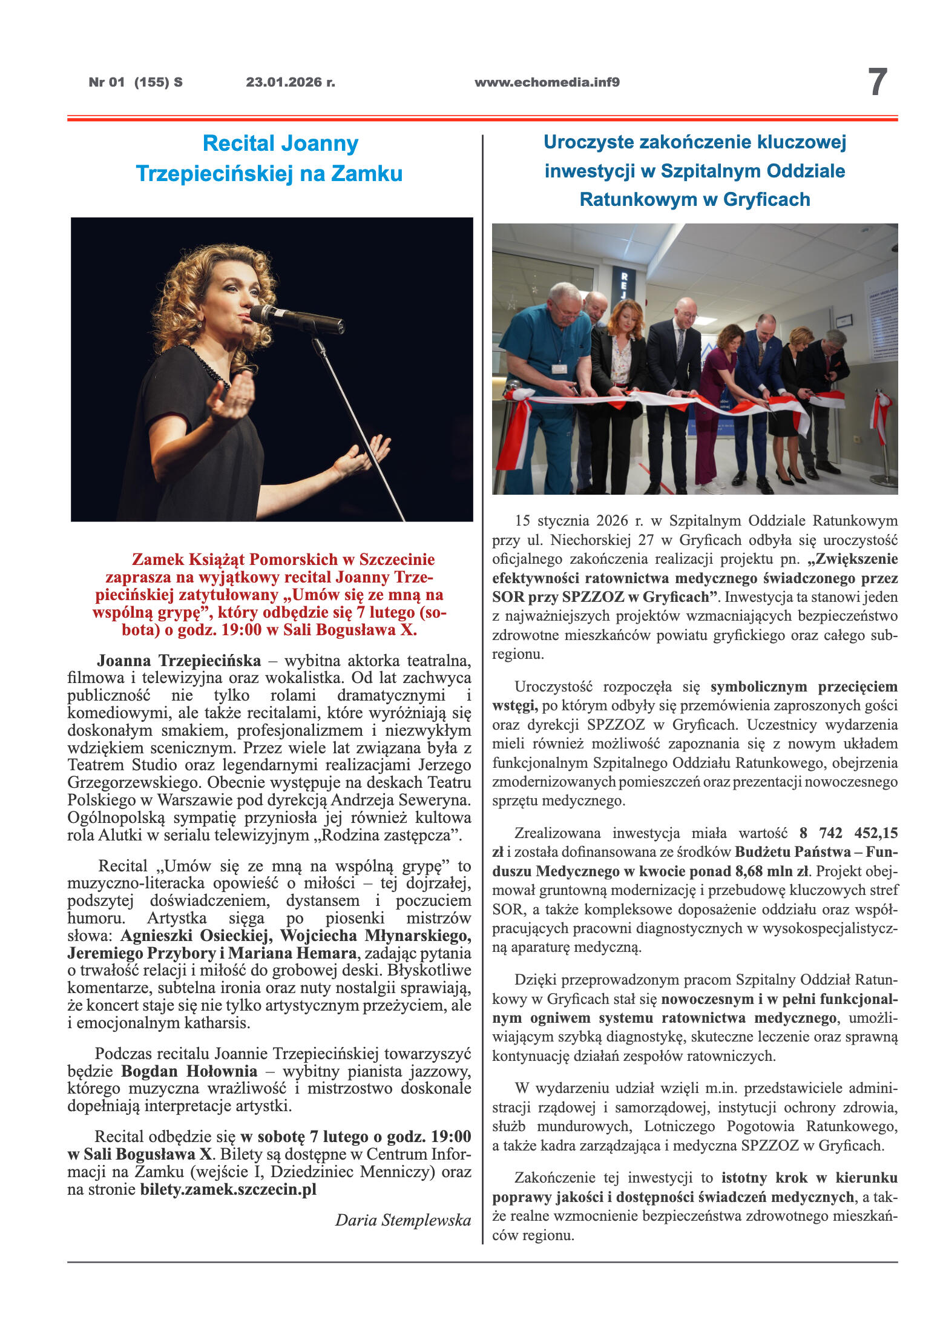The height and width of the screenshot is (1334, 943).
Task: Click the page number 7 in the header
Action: point(877,82)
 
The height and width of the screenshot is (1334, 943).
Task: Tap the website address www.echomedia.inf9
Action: point(547,82)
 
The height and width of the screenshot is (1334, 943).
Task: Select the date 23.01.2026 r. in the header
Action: point(290,82)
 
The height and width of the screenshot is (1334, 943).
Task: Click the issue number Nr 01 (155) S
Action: point(135,82)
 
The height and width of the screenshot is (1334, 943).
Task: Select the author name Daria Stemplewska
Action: point(403,1220)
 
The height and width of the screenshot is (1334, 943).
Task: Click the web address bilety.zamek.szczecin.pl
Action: point(228,1189)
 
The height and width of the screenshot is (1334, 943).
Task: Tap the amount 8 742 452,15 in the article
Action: point(849,833)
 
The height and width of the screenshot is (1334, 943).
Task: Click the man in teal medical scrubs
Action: point(542,375)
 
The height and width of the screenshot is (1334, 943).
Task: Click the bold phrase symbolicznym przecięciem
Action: point(804,687)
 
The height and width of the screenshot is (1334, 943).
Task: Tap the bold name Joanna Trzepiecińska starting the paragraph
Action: point(179,660)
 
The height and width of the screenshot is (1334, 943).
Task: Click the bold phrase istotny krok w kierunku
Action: point(809,1178)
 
